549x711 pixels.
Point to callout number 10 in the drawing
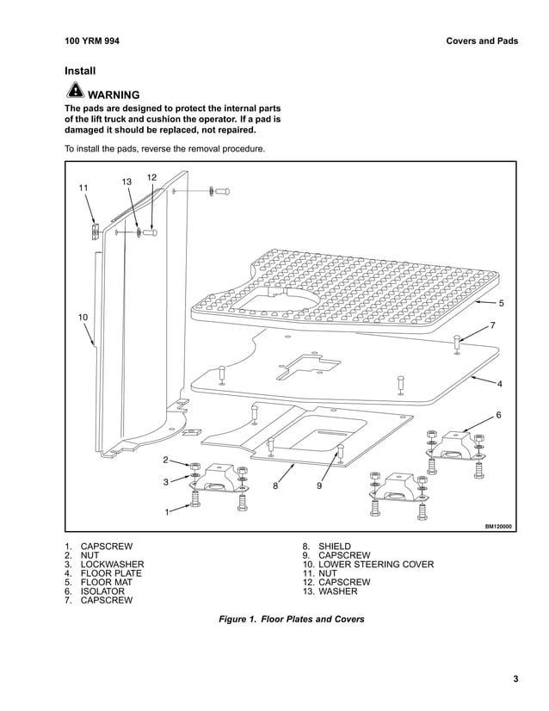click(x=83, y=318)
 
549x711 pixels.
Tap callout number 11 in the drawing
click(x=83, y=188)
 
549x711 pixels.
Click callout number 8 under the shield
click(x=275, y=486)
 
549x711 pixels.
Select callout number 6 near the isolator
click(x=498, y=416)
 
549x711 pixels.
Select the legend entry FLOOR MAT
click(x=105, y=583)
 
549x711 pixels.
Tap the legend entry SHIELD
click(x=334, y=547)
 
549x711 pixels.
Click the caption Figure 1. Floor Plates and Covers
click(x=292, y=619)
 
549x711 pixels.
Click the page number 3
click(x=515, y=680)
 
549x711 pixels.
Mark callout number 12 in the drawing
click(x=151, y=177)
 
